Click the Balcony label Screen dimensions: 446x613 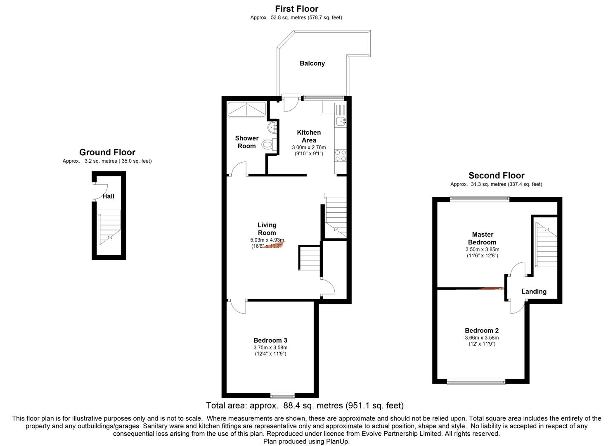point(312,63)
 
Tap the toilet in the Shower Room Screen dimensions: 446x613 point(268,144)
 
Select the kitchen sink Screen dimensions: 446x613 point(341,121)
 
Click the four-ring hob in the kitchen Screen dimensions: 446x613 point(341,155)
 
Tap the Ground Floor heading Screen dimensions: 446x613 point(107,152)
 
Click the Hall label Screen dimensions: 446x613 point(109,196)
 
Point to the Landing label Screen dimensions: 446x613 point(534,292)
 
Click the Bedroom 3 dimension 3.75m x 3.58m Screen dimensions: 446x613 point(270,347)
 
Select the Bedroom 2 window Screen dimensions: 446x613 point(476,382)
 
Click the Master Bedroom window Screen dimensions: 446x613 point(480,199)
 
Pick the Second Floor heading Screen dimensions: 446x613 point(496,175)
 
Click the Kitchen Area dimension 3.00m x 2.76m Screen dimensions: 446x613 point(309,147)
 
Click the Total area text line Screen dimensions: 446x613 point(305,406)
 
